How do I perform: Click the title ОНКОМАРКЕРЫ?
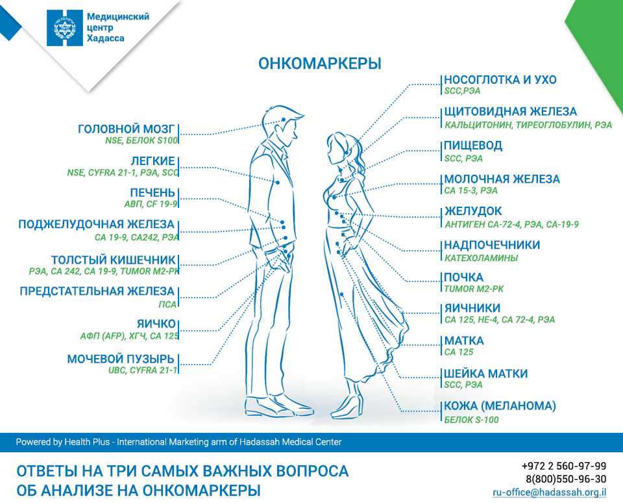(319, 64)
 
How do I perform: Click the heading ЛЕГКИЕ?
(153, 161)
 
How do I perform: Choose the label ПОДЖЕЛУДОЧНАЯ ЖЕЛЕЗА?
(96, 225)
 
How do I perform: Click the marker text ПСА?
(167, 303)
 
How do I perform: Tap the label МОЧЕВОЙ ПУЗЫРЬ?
(121, 359)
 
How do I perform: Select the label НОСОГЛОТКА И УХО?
(500, 80)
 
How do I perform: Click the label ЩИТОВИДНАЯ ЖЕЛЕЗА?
(510, 112)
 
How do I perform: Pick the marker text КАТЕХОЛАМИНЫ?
(481, 258)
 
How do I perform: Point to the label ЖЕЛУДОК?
(472, 212)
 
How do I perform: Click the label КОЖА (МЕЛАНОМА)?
(500, 406)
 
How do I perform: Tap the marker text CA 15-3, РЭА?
(470, 191)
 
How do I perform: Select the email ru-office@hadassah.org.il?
(550, 492)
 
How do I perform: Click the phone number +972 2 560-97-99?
(563, 466)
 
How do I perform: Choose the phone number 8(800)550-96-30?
(566, 479)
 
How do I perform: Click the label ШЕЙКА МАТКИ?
(485, 374)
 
